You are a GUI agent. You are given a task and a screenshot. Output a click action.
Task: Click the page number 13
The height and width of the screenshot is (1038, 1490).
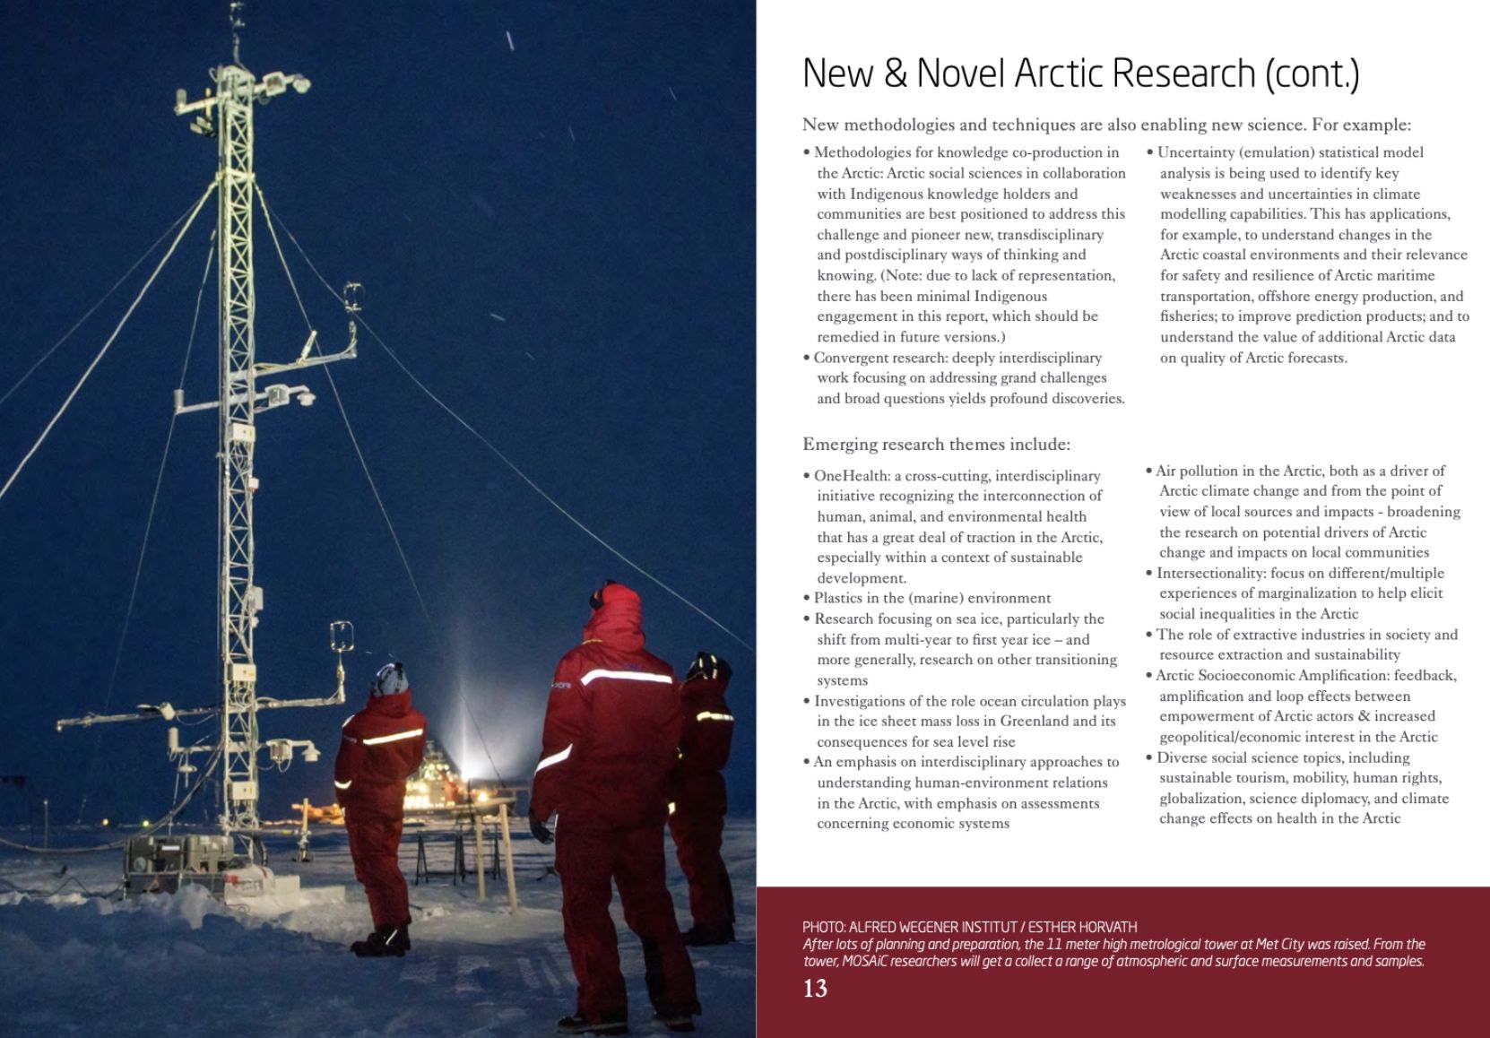point(815,989)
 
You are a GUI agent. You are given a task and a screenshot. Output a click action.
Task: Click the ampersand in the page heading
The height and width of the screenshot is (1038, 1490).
point(896,73)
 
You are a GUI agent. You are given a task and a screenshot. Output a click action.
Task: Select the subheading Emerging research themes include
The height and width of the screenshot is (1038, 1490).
point(935,444)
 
